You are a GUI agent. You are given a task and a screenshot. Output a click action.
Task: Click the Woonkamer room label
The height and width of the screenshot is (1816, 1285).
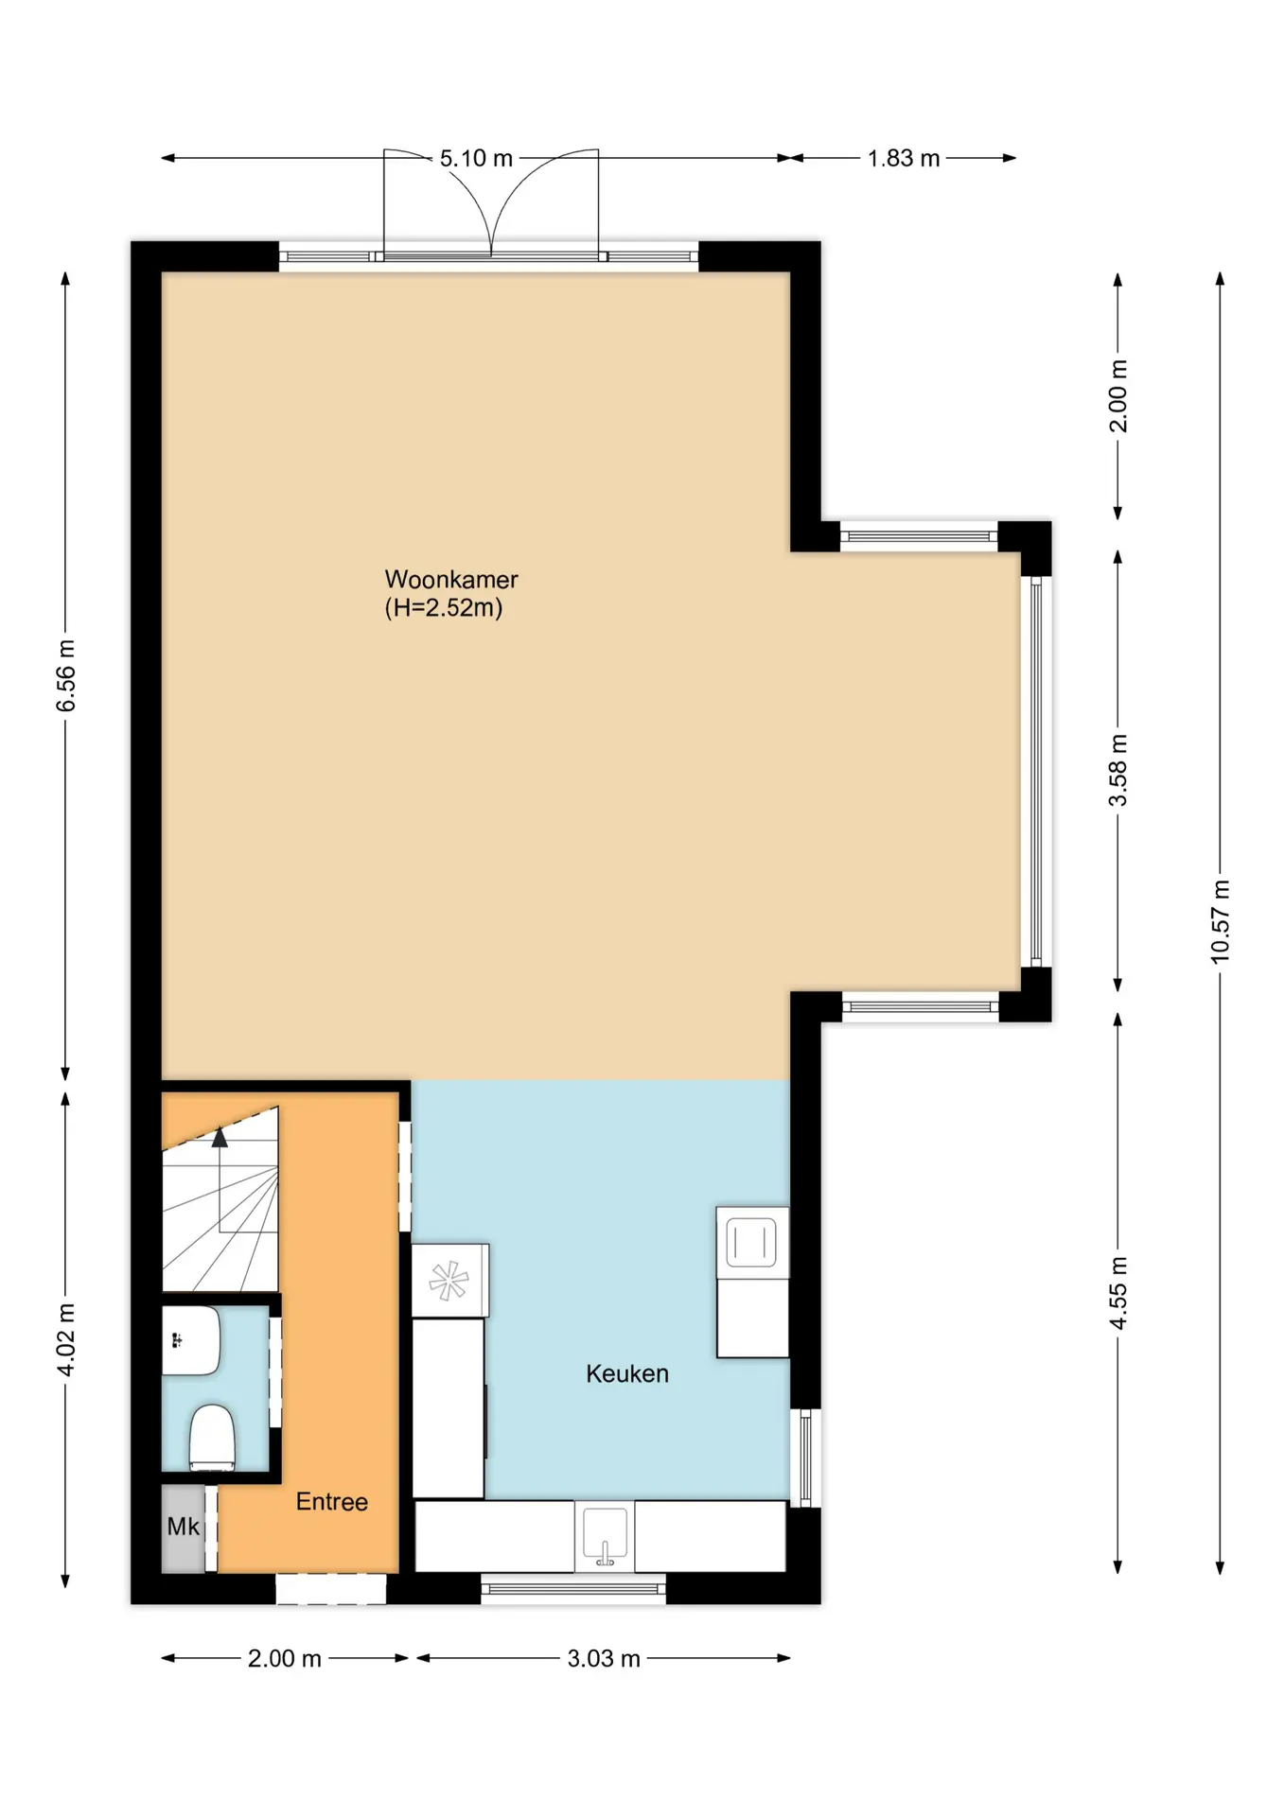point(451,579)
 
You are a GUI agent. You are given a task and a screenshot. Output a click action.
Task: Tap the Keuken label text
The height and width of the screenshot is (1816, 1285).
point(627,1373)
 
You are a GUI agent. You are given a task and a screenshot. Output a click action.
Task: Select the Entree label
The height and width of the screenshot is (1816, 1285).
point(332,1501)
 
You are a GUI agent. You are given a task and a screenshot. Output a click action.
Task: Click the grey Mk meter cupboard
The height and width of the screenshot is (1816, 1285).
point(184,1528)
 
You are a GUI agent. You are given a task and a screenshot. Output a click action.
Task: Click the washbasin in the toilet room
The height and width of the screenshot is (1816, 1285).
point(191,1341)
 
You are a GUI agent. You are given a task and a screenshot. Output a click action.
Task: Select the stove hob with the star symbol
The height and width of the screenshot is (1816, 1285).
point(449,1281)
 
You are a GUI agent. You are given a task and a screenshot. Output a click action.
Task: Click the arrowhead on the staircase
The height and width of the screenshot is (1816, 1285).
point(220,1138)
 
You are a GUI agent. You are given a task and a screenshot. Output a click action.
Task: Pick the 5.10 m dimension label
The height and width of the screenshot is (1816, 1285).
point(476,158)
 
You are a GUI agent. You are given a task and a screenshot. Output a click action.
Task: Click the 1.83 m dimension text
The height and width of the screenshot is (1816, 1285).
point(904,158)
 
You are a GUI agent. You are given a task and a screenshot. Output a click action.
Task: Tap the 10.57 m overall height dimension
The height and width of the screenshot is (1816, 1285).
point(1221,922)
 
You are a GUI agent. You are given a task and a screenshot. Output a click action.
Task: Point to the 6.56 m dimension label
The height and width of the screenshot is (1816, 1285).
point(65,675)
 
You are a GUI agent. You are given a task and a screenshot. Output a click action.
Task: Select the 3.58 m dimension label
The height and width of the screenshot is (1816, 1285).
point(1118,770)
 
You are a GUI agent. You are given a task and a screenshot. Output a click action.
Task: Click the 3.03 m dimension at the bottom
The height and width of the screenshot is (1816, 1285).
point(604,1658)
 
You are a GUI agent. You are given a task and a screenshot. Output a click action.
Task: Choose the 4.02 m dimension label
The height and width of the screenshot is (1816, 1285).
point(65,1339)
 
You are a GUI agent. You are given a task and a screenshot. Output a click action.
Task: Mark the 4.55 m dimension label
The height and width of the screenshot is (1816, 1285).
point(1118,1293)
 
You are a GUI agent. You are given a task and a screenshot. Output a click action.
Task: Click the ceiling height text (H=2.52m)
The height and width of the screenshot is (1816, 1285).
point(444,607)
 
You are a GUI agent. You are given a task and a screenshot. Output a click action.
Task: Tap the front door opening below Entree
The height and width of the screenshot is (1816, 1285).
point(331,1588)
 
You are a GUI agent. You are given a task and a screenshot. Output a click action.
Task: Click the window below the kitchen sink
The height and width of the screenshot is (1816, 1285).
point(573,1588)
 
